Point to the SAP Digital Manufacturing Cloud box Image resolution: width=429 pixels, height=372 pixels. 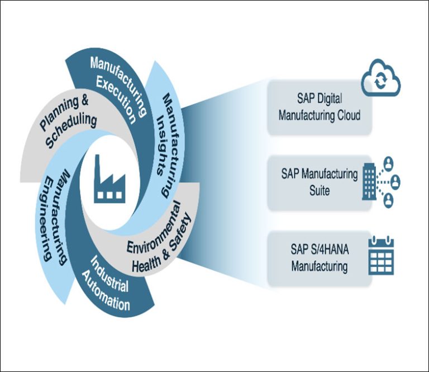pos(319,107)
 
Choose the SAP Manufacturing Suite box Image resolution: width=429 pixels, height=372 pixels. pos(319,182)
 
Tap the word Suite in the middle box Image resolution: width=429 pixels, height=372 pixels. pos(319,191)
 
